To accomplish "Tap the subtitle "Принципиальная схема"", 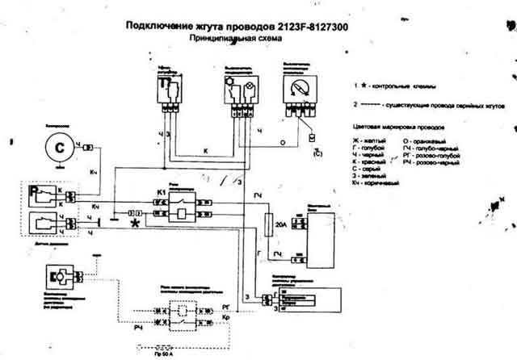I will [230, 38].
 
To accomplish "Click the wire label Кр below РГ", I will [225, 320].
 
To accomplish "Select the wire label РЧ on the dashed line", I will [138, 325].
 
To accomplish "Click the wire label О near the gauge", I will [281, 140].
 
